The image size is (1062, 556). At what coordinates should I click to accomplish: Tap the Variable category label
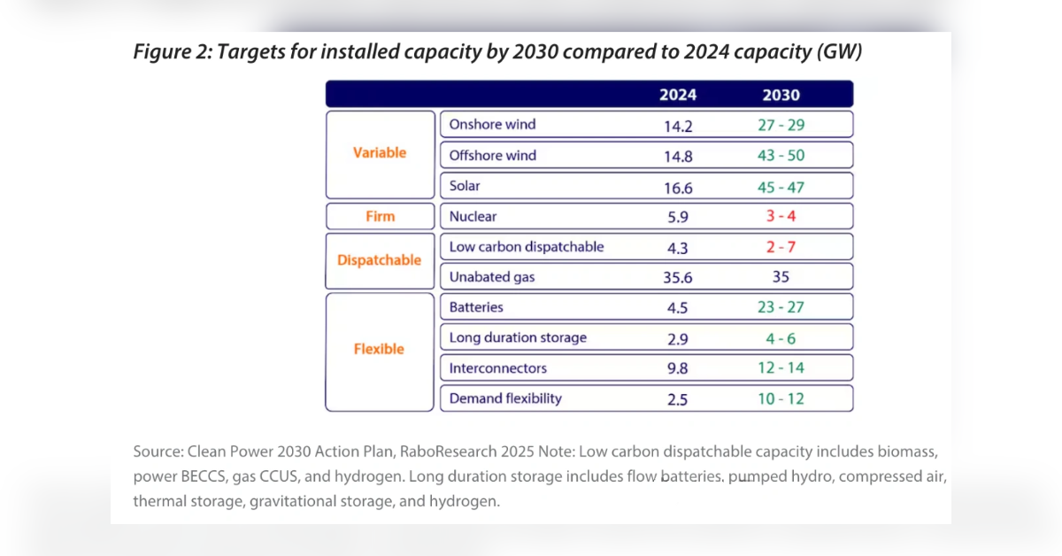tap(380, 153)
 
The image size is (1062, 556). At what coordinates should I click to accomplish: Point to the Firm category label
tap(380, 216)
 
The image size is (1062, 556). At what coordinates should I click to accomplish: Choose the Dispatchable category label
tap(380, 261)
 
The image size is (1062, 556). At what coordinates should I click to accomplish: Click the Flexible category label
tap(379, 349)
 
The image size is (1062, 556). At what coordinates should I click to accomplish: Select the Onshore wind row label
tap(492, 125)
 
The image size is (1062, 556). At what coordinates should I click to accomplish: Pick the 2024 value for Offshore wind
tap(678, 156)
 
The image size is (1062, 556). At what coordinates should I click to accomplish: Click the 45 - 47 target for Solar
tap(780, 187)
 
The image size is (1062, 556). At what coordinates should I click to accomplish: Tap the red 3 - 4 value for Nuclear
tap(780, 217)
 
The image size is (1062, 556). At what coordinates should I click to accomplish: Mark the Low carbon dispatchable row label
tap(527, 247)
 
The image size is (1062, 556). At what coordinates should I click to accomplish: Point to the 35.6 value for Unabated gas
tap(678, 278)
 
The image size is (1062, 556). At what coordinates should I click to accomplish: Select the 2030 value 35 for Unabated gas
tap(780, 277)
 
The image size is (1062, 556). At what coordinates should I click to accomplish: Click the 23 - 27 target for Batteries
tap(780, 308)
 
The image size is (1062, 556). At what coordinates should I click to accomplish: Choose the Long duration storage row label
tap(518, 337)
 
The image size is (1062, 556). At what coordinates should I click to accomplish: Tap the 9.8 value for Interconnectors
tap(678, 368)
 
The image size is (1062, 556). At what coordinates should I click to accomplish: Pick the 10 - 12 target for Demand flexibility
tap(780, 399)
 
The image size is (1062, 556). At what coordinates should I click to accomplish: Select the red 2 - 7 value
tap(780, 247)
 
